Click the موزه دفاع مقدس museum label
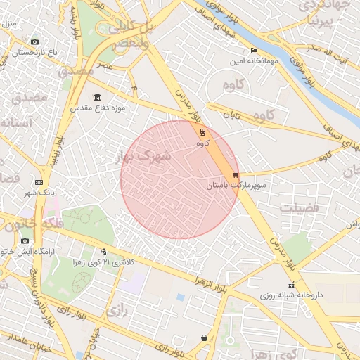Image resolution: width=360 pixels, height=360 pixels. pos(97,109)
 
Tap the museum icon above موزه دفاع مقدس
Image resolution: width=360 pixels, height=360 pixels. pos(97,98)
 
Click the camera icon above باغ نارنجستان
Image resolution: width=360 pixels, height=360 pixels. pos(35,41)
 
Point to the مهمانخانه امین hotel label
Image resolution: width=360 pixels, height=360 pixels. pos(254,62)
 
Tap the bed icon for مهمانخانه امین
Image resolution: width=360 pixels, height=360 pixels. pos(254,51)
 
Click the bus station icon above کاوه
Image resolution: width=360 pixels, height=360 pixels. pos(203,131)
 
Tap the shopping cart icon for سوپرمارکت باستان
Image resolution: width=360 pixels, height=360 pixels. pos(236,175)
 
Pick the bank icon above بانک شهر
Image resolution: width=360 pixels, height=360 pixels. pos(39,182)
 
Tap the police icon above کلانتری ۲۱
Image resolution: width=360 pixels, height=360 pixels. pos(104,251)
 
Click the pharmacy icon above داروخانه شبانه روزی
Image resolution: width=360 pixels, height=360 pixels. pos(291,285)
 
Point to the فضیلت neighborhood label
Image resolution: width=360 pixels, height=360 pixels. pos(300,208)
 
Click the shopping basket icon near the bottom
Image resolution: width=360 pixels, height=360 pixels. pos(205,338)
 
